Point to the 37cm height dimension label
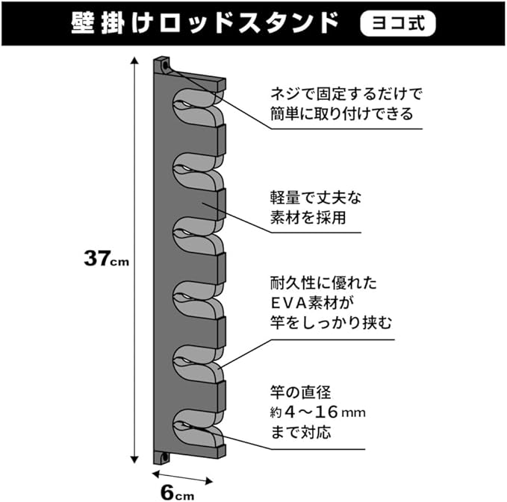pyautogui.click(x=106, y=259)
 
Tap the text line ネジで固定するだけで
pyautogui.click(x=346, y=95)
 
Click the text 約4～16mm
pyautogui.click(x=318, y=412)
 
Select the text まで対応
pyautogui.click(x=300, y=431)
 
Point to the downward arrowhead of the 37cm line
pyautogui.click(x=134, y=459)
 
